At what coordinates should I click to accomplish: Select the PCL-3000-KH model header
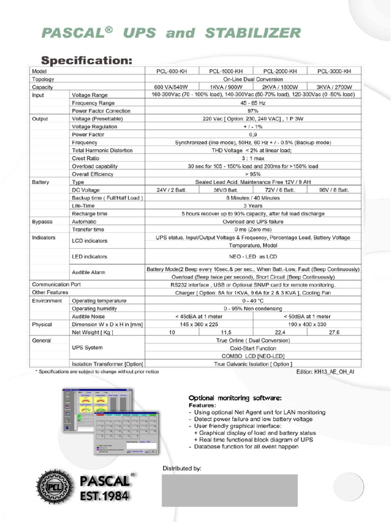click(334, 71)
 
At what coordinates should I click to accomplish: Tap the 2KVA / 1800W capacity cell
click(280, 87)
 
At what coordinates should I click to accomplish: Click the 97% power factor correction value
click(253, 111)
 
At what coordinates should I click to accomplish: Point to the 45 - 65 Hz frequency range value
click(253, 103)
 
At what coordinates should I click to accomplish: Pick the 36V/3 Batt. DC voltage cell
click(226, 190)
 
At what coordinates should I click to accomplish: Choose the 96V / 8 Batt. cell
click(334, 190)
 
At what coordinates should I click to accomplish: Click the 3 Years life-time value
click(253, 206)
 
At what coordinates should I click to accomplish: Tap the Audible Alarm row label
click(88, 273)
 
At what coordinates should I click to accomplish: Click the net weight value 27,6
click(334, 332)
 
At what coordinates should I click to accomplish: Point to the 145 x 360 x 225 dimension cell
click(199, 324)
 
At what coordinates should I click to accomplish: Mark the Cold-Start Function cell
click(253, 348)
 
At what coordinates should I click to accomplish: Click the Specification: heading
click(86, 60)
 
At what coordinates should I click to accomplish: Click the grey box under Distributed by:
click(230, 490)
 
